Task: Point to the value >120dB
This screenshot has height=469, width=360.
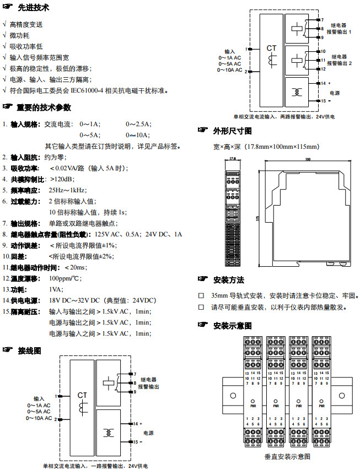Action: tap(61, 179)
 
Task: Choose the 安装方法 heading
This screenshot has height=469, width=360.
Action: tap(228, 280)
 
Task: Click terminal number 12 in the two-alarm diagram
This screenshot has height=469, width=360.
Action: tap(324, 69)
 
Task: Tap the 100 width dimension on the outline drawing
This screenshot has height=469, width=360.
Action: tap(308, 160)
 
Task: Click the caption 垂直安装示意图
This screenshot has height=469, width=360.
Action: tap(287, 456)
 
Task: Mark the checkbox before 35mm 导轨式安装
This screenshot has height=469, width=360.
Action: tap(201, 295)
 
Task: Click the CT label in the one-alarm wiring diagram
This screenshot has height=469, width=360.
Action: tap(82, 395)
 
